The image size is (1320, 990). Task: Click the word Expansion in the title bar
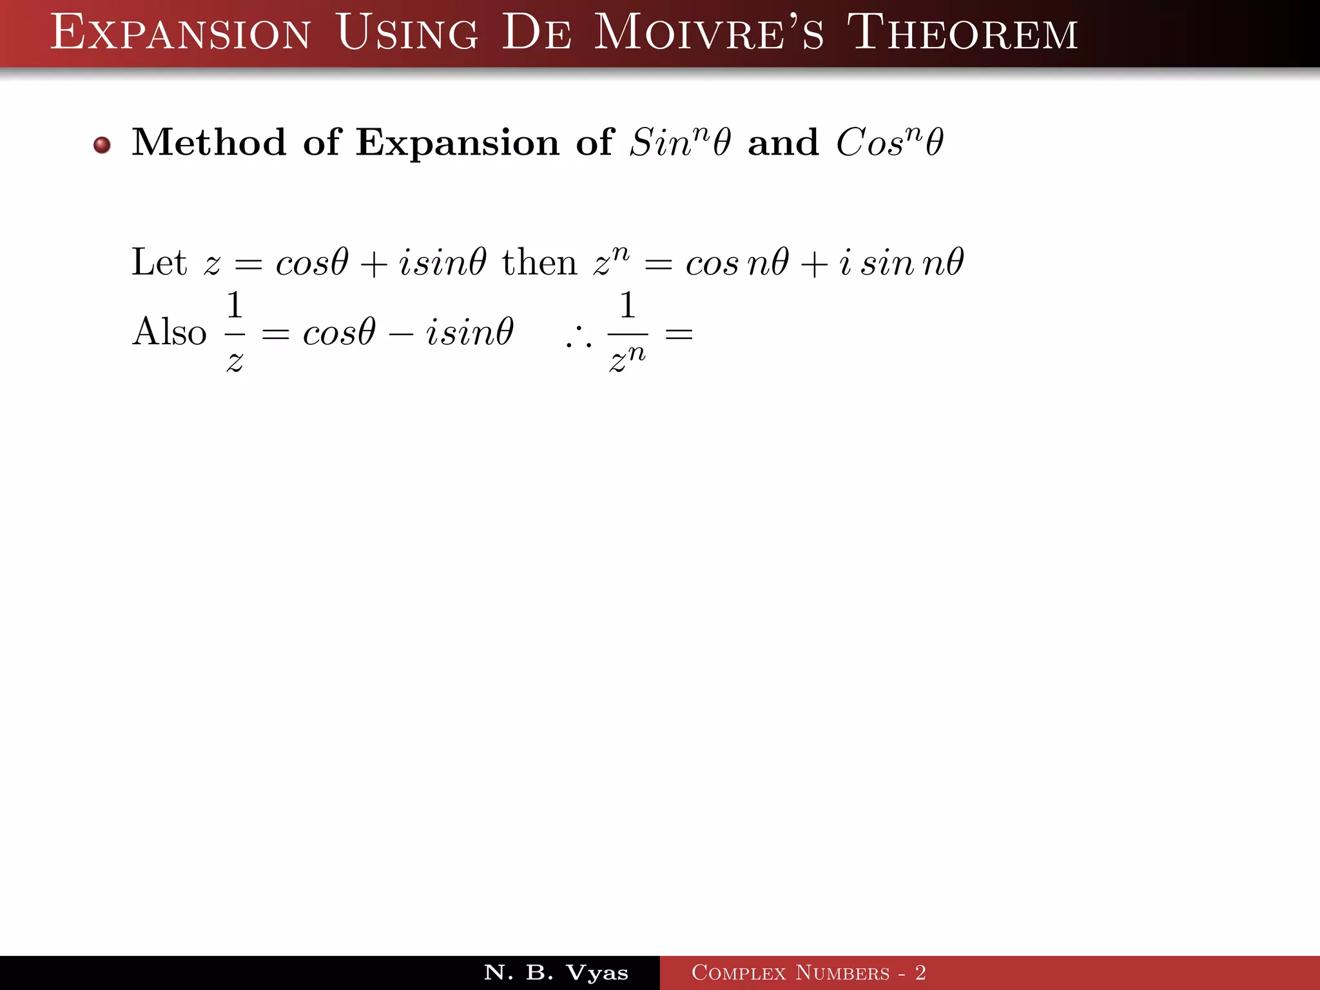[180, 33]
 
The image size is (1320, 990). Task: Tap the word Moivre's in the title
[708, 33]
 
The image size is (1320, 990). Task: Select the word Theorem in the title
[962, 33]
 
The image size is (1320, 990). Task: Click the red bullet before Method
[102, 145]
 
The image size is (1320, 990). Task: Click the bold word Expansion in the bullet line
[458, 143]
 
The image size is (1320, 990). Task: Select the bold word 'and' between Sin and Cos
[783, 142]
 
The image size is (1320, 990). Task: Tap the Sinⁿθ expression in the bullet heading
[680, 142]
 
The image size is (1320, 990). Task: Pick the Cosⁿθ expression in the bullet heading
[889, 142]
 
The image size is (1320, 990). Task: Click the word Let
[159, 262]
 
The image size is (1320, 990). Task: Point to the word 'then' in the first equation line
[539, 263]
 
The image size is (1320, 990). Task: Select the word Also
[169, 332]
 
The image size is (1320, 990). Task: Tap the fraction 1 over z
[235, 332]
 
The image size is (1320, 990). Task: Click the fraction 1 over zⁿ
[627, 332]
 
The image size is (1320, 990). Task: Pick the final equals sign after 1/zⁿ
[679, 334]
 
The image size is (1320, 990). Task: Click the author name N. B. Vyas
[556, 973]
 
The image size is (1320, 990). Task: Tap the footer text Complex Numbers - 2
[809, 973]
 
